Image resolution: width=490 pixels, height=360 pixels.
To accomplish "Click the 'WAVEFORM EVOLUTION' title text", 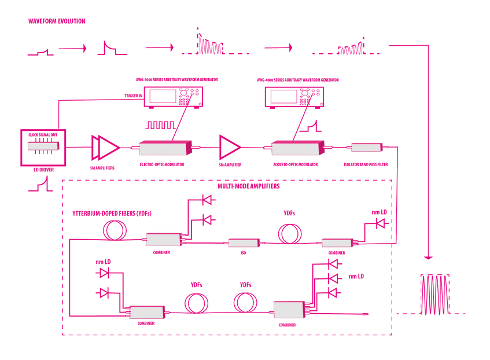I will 57,21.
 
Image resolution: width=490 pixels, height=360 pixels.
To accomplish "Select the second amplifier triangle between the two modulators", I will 229,147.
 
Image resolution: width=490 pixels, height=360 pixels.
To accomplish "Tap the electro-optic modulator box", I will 164,148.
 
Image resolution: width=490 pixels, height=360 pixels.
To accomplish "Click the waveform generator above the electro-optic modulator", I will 174,97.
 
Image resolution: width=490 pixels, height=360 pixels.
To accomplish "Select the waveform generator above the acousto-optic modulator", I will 294,97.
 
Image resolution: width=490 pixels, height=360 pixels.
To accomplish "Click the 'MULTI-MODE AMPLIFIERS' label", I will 248,187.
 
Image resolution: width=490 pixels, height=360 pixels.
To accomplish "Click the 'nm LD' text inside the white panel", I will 104,262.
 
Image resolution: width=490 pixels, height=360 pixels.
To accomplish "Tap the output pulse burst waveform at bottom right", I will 434,295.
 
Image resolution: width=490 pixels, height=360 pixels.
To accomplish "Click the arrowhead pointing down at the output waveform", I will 428,256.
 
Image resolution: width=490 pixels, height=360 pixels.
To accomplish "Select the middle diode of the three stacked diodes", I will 333,278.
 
